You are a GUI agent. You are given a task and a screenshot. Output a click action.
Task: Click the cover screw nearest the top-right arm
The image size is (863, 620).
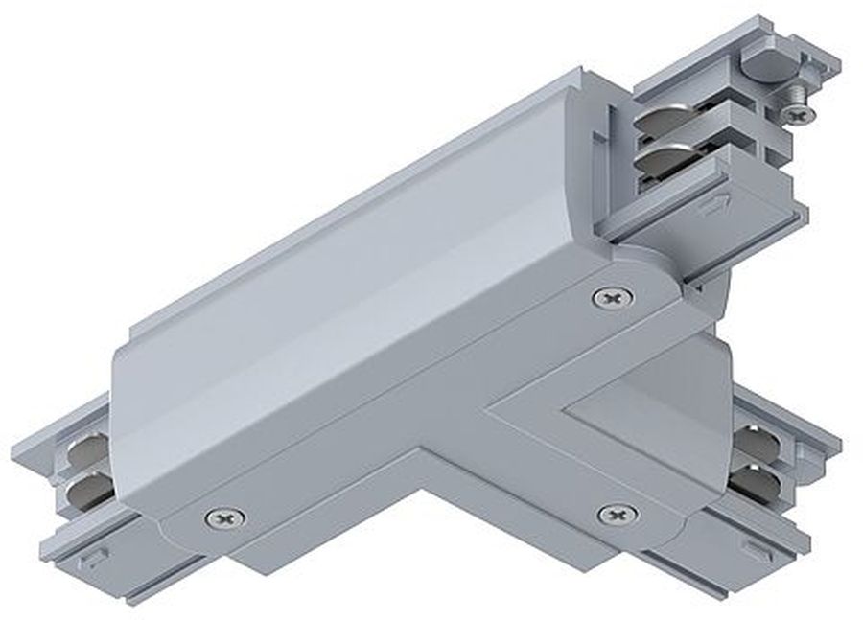pyautogui.click(x=611, y=298)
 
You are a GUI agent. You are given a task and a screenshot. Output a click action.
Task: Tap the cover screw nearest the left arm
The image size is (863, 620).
pyautogui.click(x=224, y=517)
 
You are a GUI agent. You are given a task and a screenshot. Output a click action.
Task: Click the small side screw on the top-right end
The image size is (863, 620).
pyautogui.click(x=798, y=113)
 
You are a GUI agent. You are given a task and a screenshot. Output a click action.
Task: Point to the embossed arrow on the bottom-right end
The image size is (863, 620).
pyautogui.click(x=759, y=550)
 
